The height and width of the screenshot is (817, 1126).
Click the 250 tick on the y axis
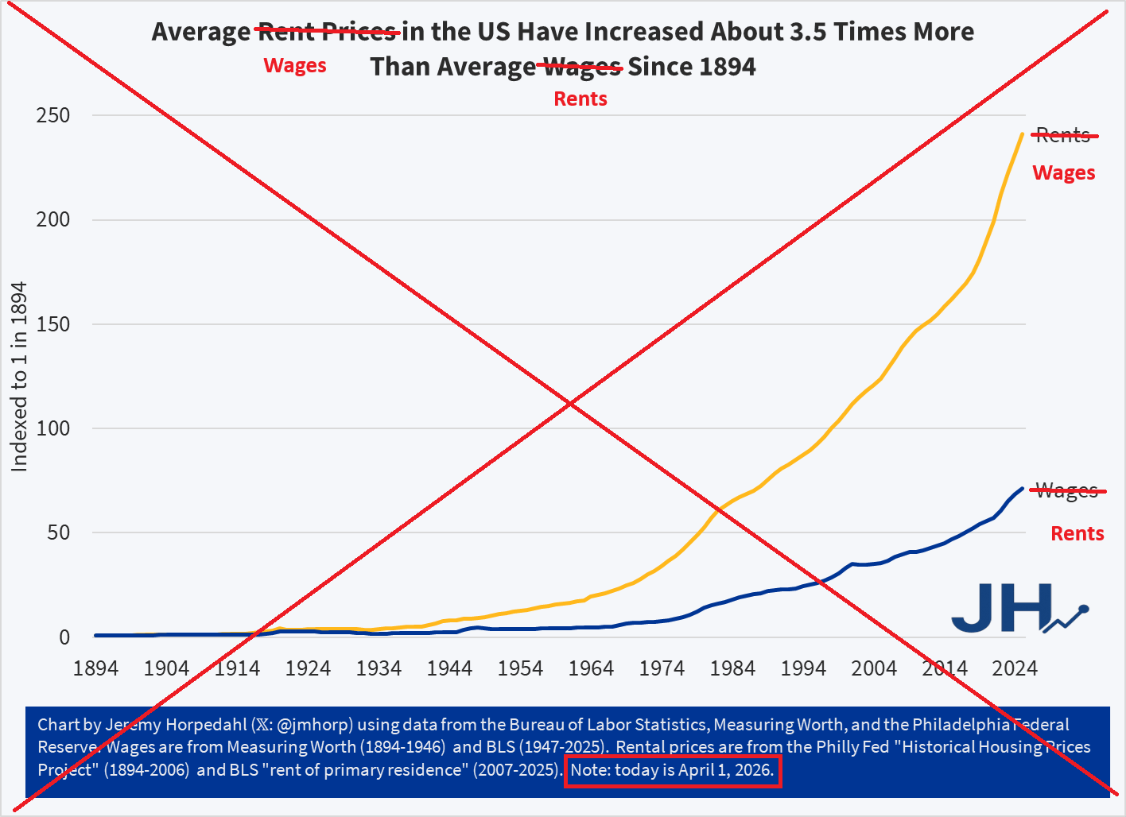(53, 115)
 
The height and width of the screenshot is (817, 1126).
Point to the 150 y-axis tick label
(53, 324)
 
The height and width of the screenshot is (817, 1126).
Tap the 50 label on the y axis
(58, 532)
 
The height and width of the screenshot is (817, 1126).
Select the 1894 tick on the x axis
(95, 668)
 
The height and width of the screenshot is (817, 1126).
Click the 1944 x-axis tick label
(449, 668)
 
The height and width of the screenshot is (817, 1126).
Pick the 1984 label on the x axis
(732, 668)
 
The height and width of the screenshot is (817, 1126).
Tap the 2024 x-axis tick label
(1015, 668)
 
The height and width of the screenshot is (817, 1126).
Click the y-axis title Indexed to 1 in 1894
(19, 377)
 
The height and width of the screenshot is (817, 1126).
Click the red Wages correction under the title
(295, 66)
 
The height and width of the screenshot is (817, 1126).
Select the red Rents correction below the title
(580, 99)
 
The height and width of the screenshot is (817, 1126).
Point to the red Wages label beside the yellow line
(1064, 173)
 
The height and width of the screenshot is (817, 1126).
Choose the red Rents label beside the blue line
(1077, 534)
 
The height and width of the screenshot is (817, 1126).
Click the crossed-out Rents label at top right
(1063, 136)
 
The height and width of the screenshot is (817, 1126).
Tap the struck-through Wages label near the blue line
(1067, 491)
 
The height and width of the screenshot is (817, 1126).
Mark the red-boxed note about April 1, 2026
(673, 771)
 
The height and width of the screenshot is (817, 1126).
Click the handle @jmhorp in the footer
(315, 725)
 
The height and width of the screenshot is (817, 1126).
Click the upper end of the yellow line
(1022, 134)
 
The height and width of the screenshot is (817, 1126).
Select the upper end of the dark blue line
(1022, 489)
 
